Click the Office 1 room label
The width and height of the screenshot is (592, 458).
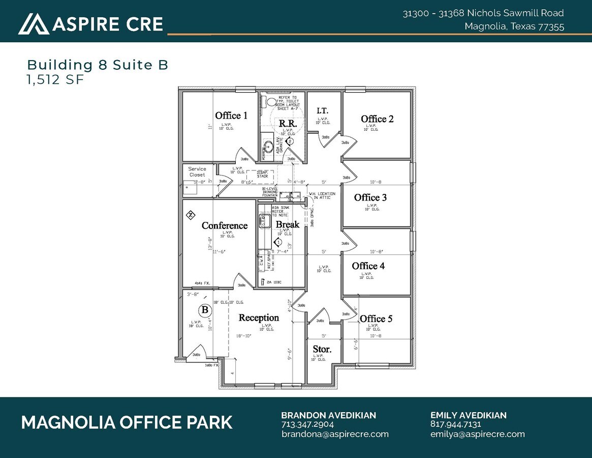231,116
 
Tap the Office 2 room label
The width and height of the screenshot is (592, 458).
377,119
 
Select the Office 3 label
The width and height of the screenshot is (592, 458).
370,197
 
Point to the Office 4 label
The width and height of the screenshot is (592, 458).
368,266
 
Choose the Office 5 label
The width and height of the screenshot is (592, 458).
376,319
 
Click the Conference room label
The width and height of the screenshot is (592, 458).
225,225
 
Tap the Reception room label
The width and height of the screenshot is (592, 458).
259,318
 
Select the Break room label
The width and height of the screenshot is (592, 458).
288,224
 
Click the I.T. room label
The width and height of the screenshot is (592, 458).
322,111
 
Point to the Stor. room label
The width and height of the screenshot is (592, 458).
322,350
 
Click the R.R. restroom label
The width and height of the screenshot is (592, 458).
288,123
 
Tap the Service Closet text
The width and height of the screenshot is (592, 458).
197,171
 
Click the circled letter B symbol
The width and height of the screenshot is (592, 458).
205,309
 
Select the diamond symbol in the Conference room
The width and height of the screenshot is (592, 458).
190,215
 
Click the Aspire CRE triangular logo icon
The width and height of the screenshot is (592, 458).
34,23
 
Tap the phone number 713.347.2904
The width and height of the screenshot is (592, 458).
307,424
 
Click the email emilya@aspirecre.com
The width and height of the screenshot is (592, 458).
477,434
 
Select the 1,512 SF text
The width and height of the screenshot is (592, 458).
55,79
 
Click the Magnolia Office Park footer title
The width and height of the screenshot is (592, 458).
127,422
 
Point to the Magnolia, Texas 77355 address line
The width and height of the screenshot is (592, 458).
514,27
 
